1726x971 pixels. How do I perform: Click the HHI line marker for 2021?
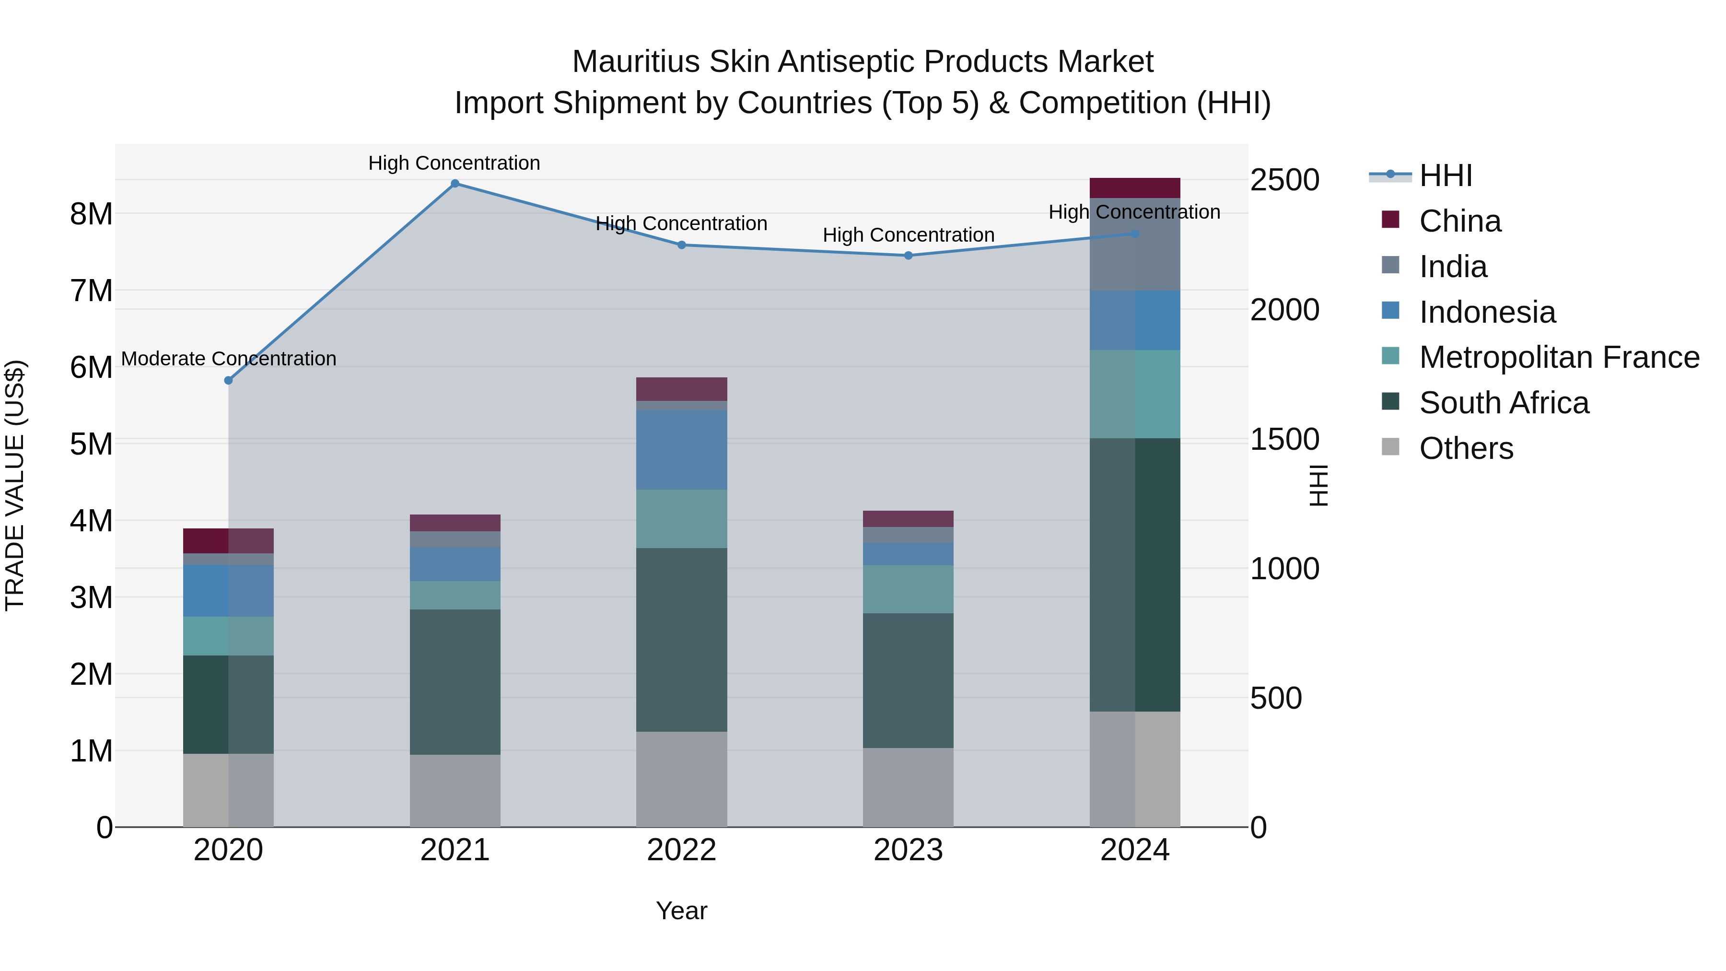(455, 184)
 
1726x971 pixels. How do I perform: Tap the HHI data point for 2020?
(229, 381)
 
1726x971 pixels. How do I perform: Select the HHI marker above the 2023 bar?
(908, 255)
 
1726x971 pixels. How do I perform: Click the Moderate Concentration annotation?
(229, 359)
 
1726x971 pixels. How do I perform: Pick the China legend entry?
(1459, 221)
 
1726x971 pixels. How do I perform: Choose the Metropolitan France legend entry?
(1559, 357)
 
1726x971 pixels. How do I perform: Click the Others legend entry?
(1465, 448)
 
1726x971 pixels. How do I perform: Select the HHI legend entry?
(1445, 175)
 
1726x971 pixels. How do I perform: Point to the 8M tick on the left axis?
(91, 214)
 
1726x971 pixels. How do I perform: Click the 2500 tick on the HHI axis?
(1284, 180)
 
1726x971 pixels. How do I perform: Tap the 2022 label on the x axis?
(681, 850)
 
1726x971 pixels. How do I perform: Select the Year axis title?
(681, 911)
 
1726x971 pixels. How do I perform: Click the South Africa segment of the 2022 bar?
(681, 640)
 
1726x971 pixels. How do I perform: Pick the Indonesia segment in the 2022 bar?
(681, 450)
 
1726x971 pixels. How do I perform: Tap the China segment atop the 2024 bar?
(1134, 188)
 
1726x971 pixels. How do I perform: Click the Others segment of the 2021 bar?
(455, 791)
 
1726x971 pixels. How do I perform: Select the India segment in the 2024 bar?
(1134, 245)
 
